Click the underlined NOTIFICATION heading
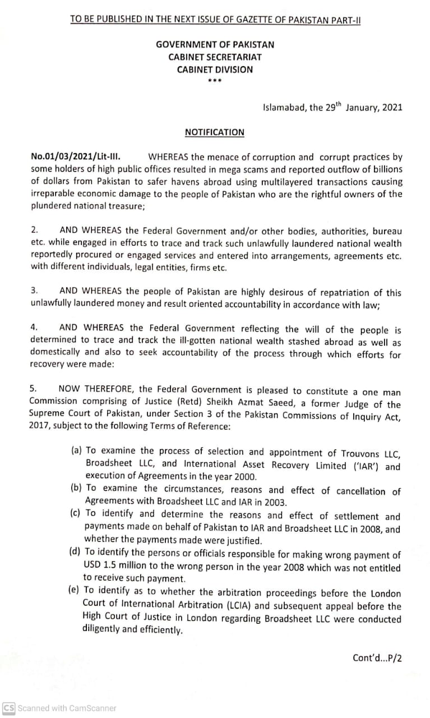(215, 132)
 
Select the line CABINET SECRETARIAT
(215, 57)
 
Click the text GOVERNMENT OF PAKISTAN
(215, 44)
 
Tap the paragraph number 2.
(34, 230)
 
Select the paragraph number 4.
(34, 328)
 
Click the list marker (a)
(76, 451)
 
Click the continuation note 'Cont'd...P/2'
(377, 658)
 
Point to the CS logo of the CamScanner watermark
(8, 708)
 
